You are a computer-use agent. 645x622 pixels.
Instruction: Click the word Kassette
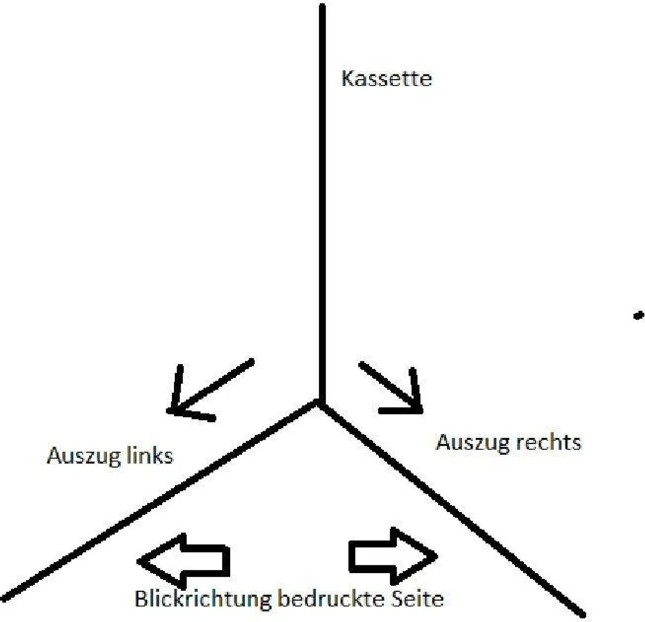[x=386, y=79]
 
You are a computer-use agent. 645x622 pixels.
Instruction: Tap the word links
[x=151, y=455]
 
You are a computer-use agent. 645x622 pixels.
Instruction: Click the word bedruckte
[x=328, y=598]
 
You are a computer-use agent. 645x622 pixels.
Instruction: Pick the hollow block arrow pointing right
[x=392, y=555]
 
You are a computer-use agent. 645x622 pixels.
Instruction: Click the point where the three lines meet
[x=321, y=404]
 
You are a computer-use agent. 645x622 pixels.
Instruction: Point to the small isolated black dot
[x=638, y=314]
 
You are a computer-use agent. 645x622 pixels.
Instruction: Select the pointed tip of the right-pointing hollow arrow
[x=436, y=555]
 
